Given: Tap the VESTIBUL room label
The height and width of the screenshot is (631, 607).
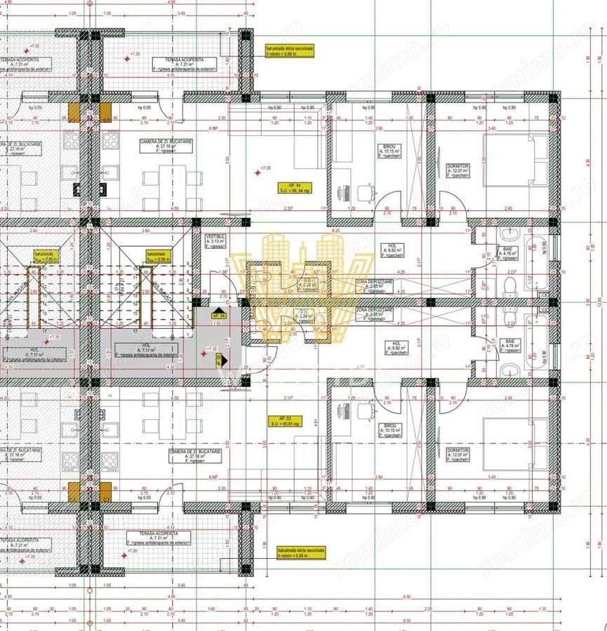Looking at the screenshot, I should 215,242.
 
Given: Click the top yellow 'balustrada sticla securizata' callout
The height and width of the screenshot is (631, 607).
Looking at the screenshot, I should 289,50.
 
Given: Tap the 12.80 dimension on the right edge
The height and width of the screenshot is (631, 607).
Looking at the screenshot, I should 598,301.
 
